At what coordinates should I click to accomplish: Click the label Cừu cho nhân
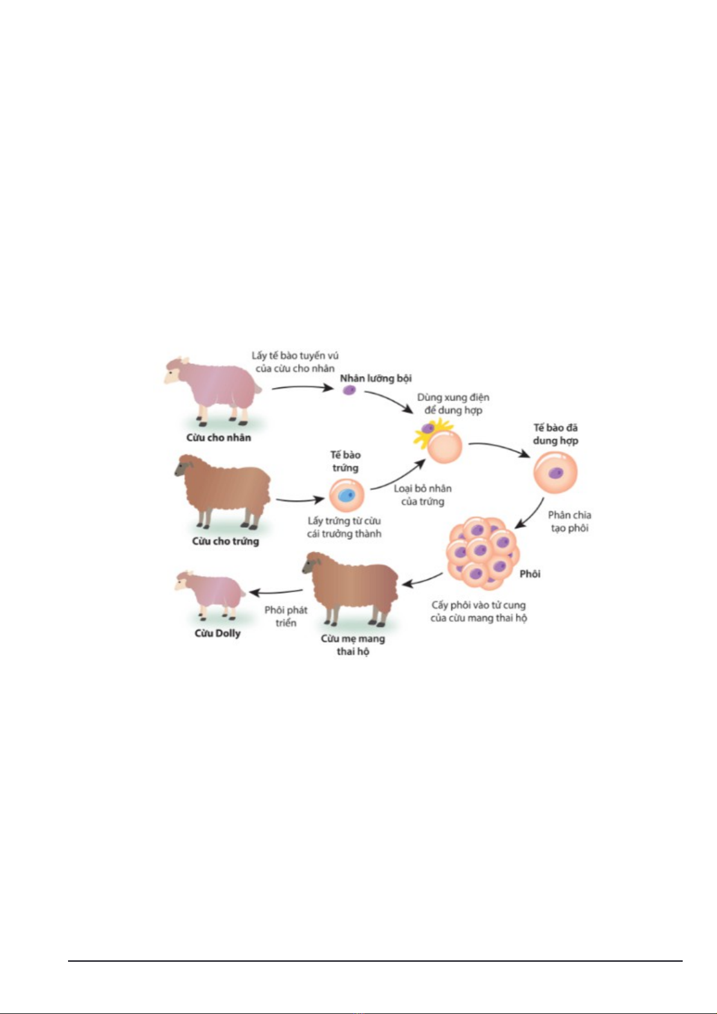(x=219, y=437)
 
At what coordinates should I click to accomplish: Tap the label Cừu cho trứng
(x=225, y=541)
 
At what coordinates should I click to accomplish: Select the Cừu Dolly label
(x=217, y=633)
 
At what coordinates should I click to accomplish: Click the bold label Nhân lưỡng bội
(x=376, y=379)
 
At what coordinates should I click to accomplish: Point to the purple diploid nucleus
(x=349, y=390)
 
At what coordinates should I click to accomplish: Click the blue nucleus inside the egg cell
(x=347, y=495)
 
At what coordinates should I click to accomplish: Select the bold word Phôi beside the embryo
(x=530, y=574)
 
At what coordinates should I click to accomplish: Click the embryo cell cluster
(x=482, y=553)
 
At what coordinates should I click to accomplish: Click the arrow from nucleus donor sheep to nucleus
(x=302, y=388)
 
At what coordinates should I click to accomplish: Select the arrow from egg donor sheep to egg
(x=300, y=500)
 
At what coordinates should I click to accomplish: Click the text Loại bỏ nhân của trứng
(x=423, y=495)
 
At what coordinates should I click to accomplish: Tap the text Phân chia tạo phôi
(x=570, y=522)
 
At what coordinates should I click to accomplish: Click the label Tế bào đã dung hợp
(x=555, y=434)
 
